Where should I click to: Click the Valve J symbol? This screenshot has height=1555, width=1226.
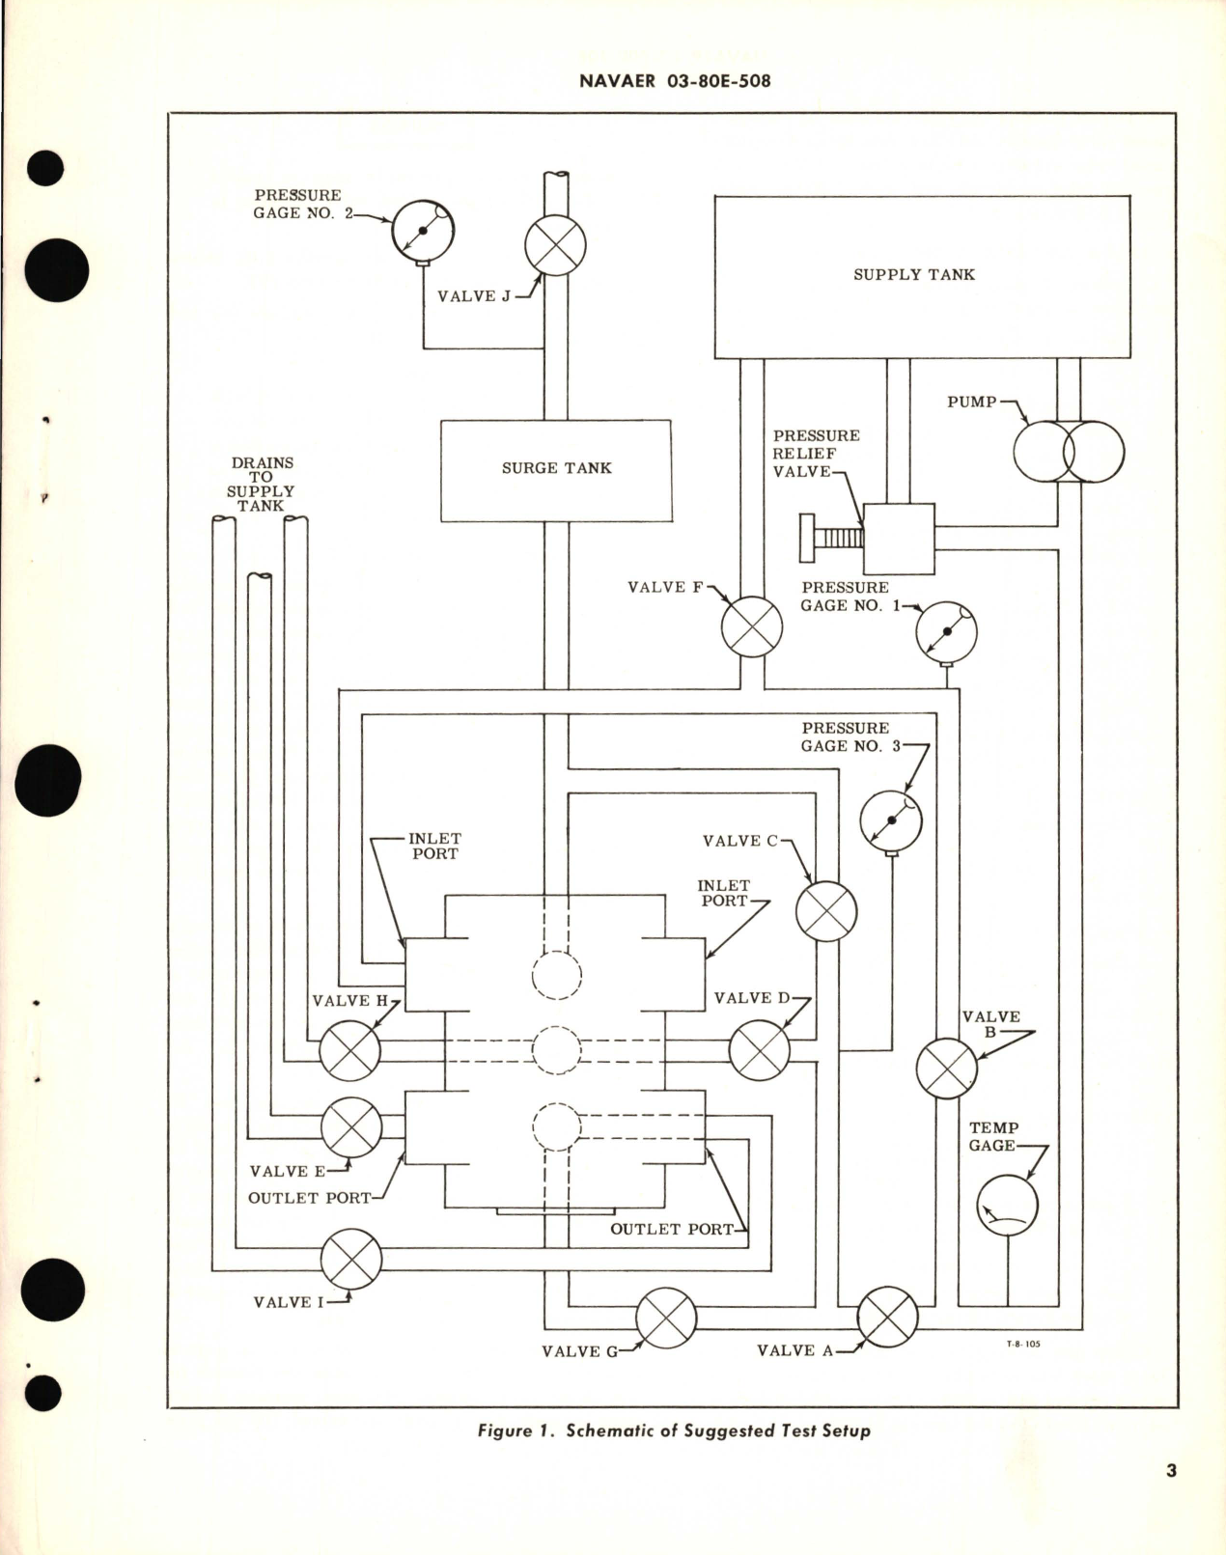click(x=555, y=243)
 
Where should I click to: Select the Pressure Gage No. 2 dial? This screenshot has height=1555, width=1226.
click(x=423, y=231)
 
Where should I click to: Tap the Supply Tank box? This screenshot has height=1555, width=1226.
click(x=921, y=276)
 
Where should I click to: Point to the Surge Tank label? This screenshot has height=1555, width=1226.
click(x=556, y=468)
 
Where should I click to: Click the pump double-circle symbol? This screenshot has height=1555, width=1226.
click(x=1069, y=451)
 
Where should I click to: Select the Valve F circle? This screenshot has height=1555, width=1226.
click(x=752, y=626)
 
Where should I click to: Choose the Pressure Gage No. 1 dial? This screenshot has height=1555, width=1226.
click(x=946, y=632)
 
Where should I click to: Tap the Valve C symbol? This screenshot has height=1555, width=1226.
click(x=826, y=911)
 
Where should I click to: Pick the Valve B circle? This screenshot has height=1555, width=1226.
click(x=947, y=1069)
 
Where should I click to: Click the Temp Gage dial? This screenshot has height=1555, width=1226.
click(x=1007, y=1206)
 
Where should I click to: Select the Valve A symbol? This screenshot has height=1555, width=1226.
click(x=887, y=1317)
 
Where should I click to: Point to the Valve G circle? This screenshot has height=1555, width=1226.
click(x=666, y=1318)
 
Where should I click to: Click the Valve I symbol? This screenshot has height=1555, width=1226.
click(x=350, y=1259)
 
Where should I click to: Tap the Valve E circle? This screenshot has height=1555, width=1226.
click(x=350, y=1127)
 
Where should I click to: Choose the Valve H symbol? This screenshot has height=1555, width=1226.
click(x=349, y=1050)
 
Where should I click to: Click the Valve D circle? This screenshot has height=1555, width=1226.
click(x=760, y=1050)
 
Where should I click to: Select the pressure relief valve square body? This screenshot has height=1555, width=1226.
click(x=899, y=539)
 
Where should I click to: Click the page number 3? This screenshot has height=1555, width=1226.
click(x=1171, y=1471)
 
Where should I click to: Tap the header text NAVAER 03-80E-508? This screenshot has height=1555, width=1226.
click(x=675, y=81)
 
